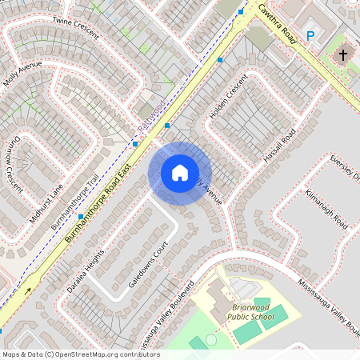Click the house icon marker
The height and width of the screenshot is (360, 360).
coord(180,173)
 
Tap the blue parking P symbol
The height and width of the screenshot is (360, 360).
coord(310,35)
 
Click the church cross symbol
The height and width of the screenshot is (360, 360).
coord(343,55)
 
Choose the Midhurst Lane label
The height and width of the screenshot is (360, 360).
coord(46,202)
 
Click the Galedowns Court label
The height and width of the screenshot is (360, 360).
coord(150,264)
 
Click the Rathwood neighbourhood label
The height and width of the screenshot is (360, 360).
coord(150,117)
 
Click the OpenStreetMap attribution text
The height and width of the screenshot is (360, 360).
coord(80,354)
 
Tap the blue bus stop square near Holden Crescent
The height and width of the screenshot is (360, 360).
coord(220,59)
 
